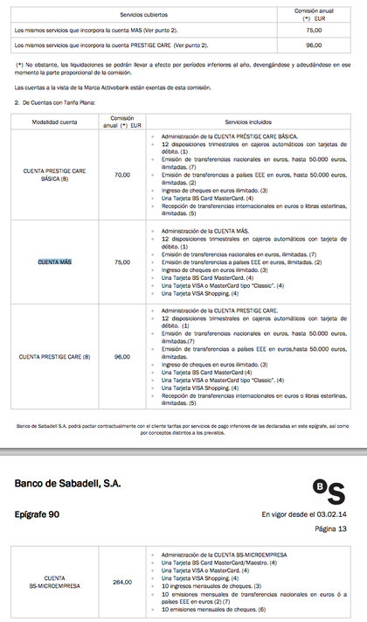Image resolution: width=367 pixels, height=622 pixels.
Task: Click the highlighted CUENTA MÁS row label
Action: [54, 262]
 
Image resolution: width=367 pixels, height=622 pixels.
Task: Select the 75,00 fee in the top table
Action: [313, 30]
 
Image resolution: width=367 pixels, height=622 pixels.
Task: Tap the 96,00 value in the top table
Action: [313, 45]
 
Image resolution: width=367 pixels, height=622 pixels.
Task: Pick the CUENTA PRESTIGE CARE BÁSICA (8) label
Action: [54, 175]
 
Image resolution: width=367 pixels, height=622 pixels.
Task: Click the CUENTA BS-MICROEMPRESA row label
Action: [54, 582]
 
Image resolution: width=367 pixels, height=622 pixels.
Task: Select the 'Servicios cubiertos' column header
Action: [143, 13]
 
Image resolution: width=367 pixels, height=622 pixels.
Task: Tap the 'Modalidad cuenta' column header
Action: [54, 122]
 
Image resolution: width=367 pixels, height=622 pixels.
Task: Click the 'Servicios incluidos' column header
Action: [249, 122]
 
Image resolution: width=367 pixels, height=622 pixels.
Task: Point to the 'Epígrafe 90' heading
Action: [49, 514]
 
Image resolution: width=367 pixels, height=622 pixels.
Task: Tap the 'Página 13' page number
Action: [330, 529]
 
